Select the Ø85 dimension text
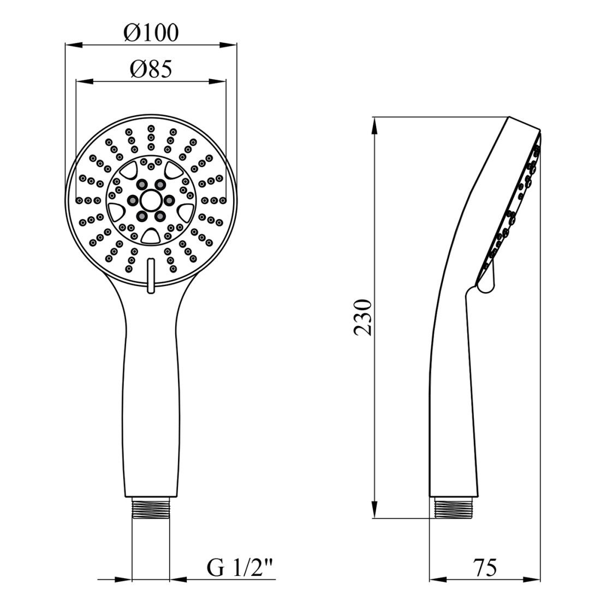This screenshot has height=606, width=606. tap(151, 69)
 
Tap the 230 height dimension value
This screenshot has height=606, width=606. tap(363, 317)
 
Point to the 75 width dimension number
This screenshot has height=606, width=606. tap(485, 568)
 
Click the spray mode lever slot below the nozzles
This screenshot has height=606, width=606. tap(151, 275)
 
